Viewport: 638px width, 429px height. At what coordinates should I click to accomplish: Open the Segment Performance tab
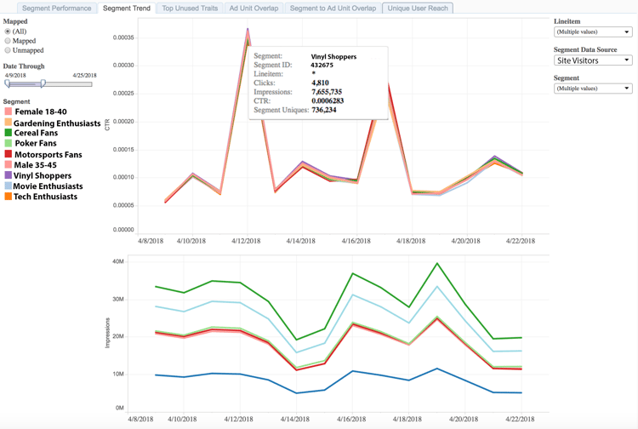click(x=56, y=8)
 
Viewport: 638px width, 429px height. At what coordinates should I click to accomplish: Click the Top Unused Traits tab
click(x=190, y=8)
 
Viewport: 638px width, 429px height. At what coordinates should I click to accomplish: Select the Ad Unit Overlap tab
click(x=253, y=8)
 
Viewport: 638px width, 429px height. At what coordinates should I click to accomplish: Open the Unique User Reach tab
click(x=418, y=8)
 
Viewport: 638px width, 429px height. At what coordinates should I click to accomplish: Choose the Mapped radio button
click(x=8, y=40)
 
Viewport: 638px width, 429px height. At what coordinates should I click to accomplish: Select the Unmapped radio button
click(x=8, y=50)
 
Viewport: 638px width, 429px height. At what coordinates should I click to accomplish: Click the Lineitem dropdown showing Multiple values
click(x=592, y=31)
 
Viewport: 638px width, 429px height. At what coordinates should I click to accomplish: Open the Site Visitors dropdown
click(x=592, y=60)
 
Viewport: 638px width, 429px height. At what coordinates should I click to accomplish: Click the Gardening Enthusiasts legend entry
click(x=56, y=123)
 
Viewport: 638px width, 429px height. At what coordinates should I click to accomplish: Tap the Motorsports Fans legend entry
click(x=48, y=155)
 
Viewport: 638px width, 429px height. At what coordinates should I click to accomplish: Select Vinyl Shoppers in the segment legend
click(x=42, y=176)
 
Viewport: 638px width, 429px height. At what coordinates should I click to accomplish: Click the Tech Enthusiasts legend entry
click(x=45, y=197)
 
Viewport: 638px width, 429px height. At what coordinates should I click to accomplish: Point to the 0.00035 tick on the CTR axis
click(x=122, y=37)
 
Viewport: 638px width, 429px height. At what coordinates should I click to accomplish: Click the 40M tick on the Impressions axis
click(x=117, y=261)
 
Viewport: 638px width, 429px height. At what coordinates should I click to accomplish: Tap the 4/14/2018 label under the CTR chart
click(x=301, y=241)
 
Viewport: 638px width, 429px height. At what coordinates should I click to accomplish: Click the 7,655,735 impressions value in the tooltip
click(x=327, y=92)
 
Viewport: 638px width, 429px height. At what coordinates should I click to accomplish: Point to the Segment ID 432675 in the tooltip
click(x=322, y=65)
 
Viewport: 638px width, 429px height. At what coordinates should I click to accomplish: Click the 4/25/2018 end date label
click(x=84, y=76)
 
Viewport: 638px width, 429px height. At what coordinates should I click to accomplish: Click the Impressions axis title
click(x=107, y=329)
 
